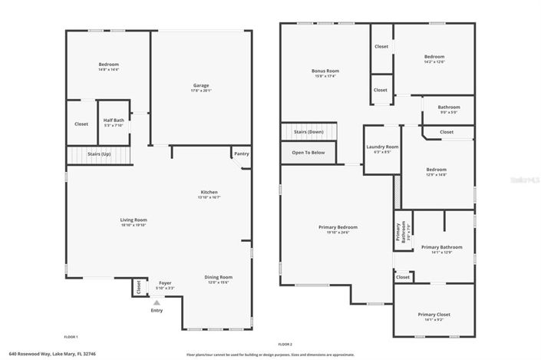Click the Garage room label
tap(200, 85)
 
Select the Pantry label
tap(241, 154)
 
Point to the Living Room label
tap(133, 220)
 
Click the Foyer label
tap(165, 282)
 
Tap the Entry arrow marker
tap(157, 303)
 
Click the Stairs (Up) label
tap(99, 154)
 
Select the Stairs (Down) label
tap(309, 132)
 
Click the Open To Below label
tap(308, 153)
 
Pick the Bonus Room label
tap(325, 71)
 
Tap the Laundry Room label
tap(381, 147)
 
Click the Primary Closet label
tap(434, 315)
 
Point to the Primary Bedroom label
tap(338, 227)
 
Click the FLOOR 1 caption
tap(71, 337)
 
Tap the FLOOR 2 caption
tap(285, 344)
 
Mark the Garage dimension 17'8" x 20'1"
tap(200, 91)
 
